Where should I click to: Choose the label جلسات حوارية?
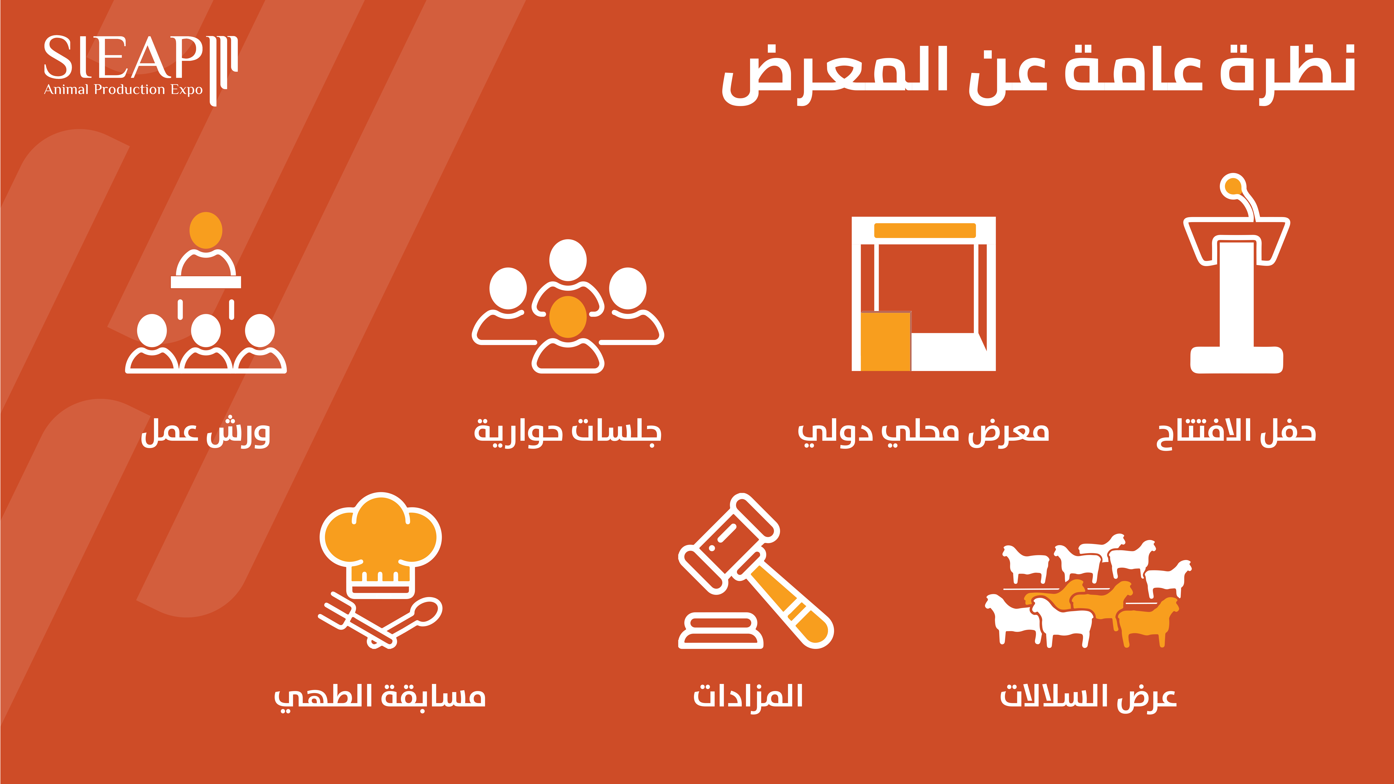[568, 433]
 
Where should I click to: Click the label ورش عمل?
[206, 433]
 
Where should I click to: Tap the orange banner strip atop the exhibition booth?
[925, 231]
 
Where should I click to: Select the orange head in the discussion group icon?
[568, 317]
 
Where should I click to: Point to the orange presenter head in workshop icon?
[206, 230]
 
